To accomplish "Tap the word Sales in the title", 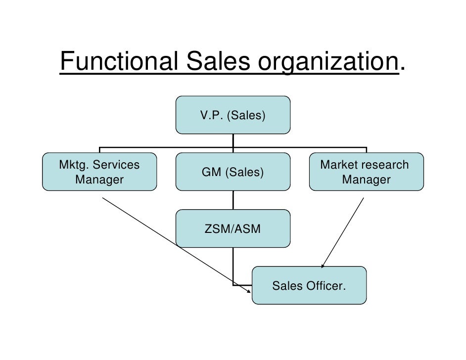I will tap(218, 62).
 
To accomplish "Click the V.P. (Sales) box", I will tap(233, 115).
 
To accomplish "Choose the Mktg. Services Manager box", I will tap(99, 172).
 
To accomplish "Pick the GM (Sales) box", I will tap(233, 172).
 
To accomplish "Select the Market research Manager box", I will tap(366, 172).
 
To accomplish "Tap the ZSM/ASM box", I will tap(233, 228).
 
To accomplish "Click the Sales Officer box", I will tap(309, 285).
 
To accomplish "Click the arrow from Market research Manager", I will tap(344, 232).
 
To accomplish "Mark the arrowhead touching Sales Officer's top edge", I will tap(324, 267).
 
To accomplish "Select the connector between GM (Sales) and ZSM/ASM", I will tap(233, 200).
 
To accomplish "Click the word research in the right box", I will tap(385, 165).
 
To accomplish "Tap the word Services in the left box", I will tap(117, 165).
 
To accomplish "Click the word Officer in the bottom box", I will tap(327, 286).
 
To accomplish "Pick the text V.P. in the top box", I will tap(210, 116).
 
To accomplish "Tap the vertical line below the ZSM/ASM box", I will tap(233, 265).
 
